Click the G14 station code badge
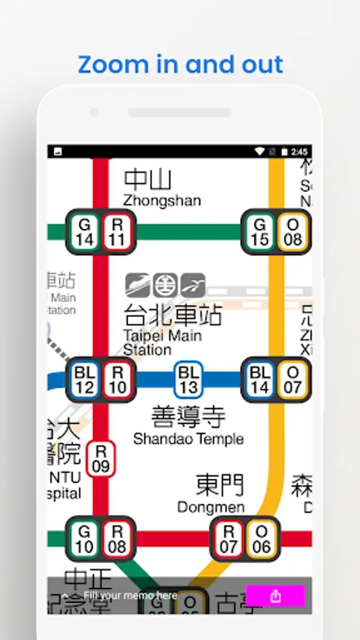click(84, 233)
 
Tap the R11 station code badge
click(117, 233)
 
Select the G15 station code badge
click(260, 233)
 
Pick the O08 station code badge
click(292, 233)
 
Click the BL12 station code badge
click(85, 380)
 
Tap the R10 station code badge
click(117, 380)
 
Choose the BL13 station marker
click(189, 380)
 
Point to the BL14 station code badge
click(260, 380)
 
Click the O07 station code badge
click(293, 380)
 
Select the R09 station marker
click(101, 459)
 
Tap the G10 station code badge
click(84, 539)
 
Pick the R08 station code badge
click(117, 539)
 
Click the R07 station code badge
click(228, 539)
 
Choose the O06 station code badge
click(262, 539)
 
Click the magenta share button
click(275, 596)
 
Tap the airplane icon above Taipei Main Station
click(193, 285)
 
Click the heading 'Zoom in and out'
click(180, 65)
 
